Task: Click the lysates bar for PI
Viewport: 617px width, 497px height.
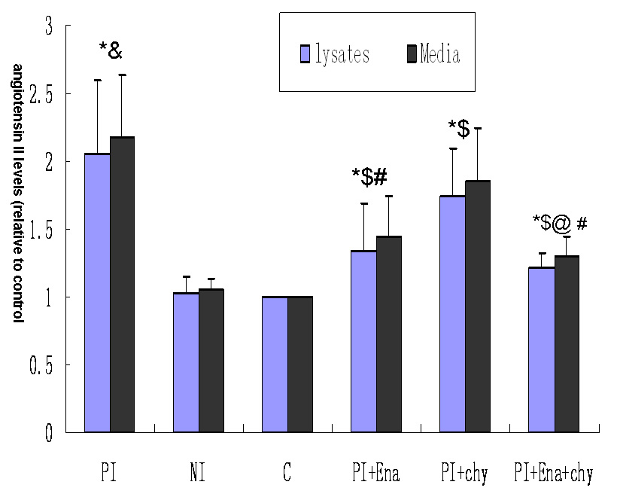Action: tap(97, 294)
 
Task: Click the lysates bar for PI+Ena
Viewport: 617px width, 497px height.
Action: tap(363, 342)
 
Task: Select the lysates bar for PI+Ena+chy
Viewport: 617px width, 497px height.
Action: tap(541, 350)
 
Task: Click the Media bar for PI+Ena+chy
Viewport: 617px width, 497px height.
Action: tap(567, 344)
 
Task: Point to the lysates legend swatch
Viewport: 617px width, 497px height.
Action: tap(305, 53)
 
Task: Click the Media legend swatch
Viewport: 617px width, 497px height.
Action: tap(412, 53)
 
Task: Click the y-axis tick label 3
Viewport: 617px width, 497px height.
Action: tap(50, 26)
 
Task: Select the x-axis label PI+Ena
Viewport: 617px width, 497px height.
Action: tap(375, 474)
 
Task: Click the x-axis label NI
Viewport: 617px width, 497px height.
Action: tap(199, 474)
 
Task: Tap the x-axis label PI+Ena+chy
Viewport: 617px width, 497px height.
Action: tap(553, 474)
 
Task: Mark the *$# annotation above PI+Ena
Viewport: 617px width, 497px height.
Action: tap(369, 177)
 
